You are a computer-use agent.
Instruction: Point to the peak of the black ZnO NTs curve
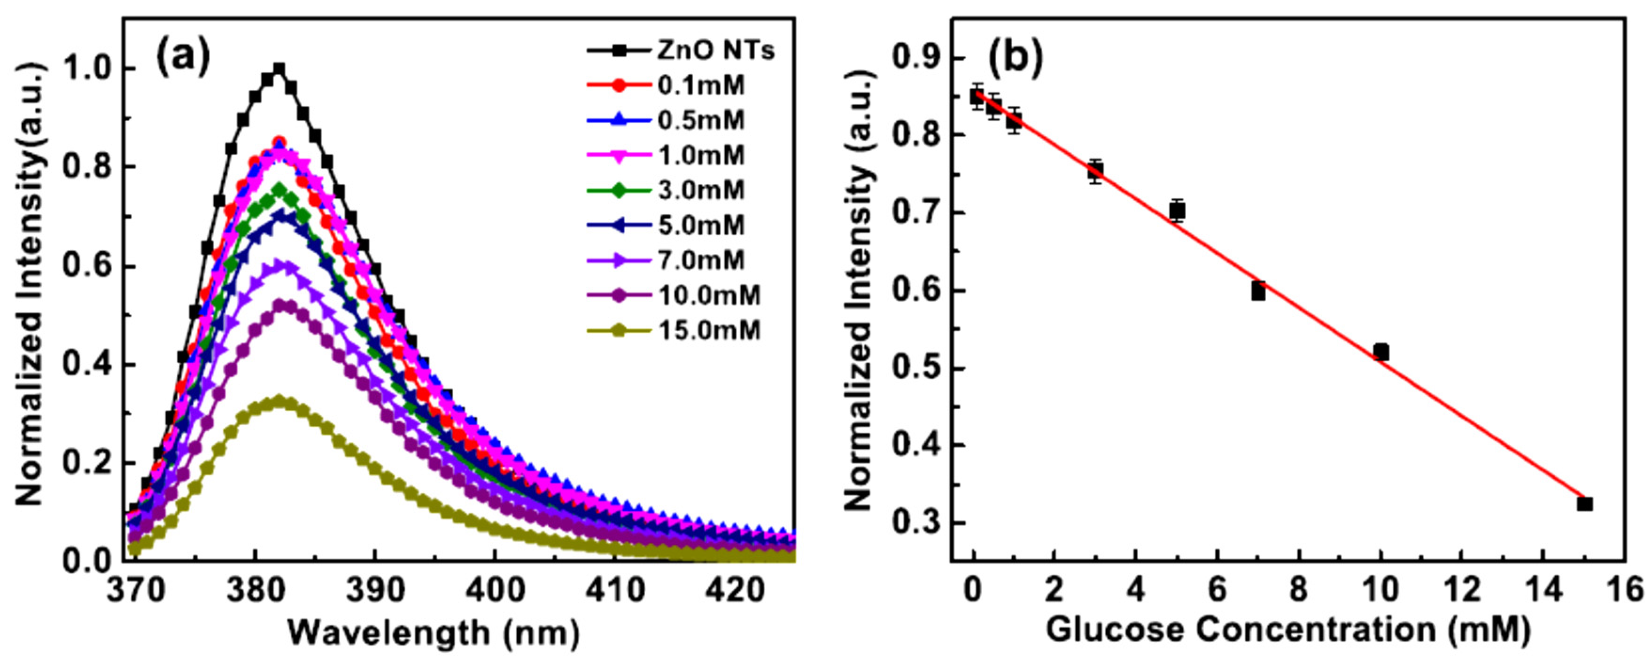[x=279, y=69]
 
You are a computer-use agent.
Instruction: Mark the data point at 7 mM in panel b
[x=1258, y=292]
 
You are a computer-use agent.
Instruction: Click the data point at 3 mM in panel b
[x=1095, y=171]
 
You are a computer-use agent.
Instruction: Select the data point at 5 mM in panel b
[x=1177, y=211]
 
